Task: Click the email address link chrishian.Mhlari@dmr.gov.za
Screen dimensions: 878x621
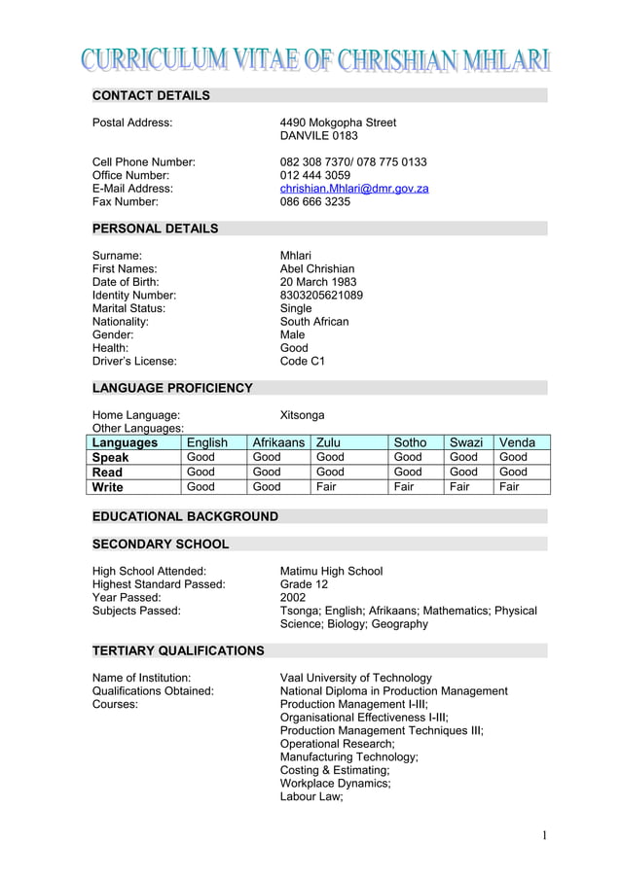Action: pos(354,189)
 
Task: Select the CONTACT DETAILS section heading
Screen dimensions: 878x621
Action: pos(151,95)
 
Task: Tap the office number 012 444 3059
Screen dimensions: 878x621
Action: pos(315,175)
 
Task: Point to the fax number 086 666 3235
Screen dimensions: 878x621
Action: pos(315,202)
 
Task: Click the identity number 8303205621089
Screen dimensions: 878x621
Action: pos(321,295)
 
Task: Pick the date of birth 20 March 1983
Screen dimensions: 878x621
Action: pos(318,282)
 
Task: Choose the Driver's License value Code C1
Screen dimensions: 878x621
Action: pos(303,361)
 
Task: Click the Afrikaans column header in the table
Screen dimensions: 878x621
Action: pos(279,442)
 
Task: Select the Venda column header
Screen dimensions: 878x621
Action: pos(517,442)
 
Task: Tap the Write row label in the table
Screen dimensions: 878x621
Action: pos(109,486)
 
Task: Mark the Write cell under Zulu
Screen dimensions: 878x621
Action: pos(326,486)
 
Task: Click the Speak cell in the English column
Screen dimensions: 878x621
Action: pos(201,457)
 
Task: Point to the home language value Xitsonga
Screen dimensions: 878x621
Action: pos(303,415)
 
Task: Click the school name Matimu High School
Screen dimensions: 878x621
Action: pos(331,571)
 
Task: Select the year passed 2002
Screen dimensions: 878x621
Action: pos(294,598)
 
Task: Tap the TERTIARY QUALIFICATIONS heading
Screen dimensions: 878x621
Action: pos(178,650)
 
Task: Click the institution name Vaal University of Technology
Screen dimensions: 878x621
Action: pos(355,678)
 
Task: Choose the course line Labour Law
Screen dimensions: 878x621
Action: pos(312,796)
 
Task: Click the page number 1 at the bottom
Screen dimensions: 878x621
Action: pos(545,835)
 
